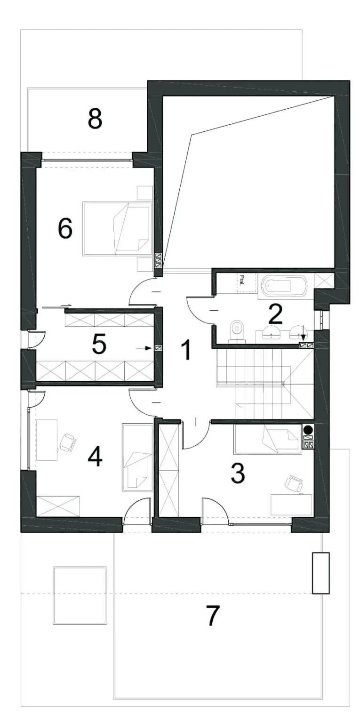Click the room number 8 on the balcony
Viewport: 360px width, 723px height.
coord(95,119)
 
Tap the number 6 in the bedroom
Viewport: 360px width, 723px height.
coord(65,228)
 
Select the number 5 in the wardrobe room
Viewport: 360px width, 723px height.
coord(99,344)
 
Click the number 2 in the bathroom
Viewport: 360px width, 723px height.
coord(275,314)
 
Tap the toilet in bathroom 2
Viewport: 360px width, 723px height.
coord(237,331)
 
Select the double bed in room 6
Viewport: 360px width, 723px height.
coord(117,229)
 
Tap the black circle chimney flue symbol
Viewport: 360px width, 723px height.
coord(308,430)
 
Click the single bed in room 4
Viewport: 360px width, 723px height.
coord(137,458)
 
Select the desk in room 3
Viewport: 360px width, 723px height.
coord(291,504)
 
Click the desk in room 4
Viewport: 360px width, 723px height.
coord(47,440)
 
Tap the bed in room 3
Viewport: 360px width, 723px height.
coord(268,439)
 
